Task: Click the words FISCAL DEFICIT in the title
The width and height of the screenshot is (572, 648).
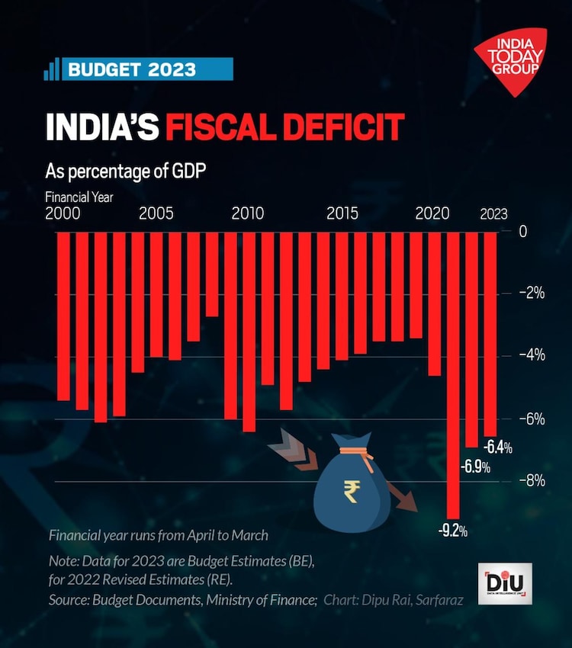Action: (284, 127)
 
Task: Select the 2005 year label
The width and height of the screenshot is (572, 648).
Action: (156, 213)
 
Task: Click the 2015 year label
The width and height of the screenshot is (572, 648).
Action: (342, 213)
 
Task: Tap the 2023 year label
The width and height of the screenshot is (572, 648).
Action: (493, 214)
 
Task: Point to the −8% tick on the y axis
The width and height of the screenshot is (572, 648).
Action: (531, 480)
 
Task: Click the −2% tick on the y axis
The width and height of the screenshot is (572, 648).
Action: (531, 293)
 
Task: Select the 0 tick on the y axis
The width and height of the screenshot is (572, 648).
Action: (522, 231)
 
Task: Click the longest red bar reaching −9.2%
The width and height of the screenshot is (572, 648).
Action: (453, 374)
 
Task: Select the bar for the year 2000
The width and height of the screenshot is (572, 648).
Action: (63, 316)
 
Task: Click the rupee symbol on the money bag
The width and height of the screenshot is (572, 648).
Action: (351, 492)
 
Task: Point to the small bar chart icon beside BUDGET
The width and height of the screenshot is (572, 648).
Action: (52, 70)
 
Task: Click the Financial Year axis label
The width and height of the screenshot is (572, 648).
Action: (79, 197)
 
